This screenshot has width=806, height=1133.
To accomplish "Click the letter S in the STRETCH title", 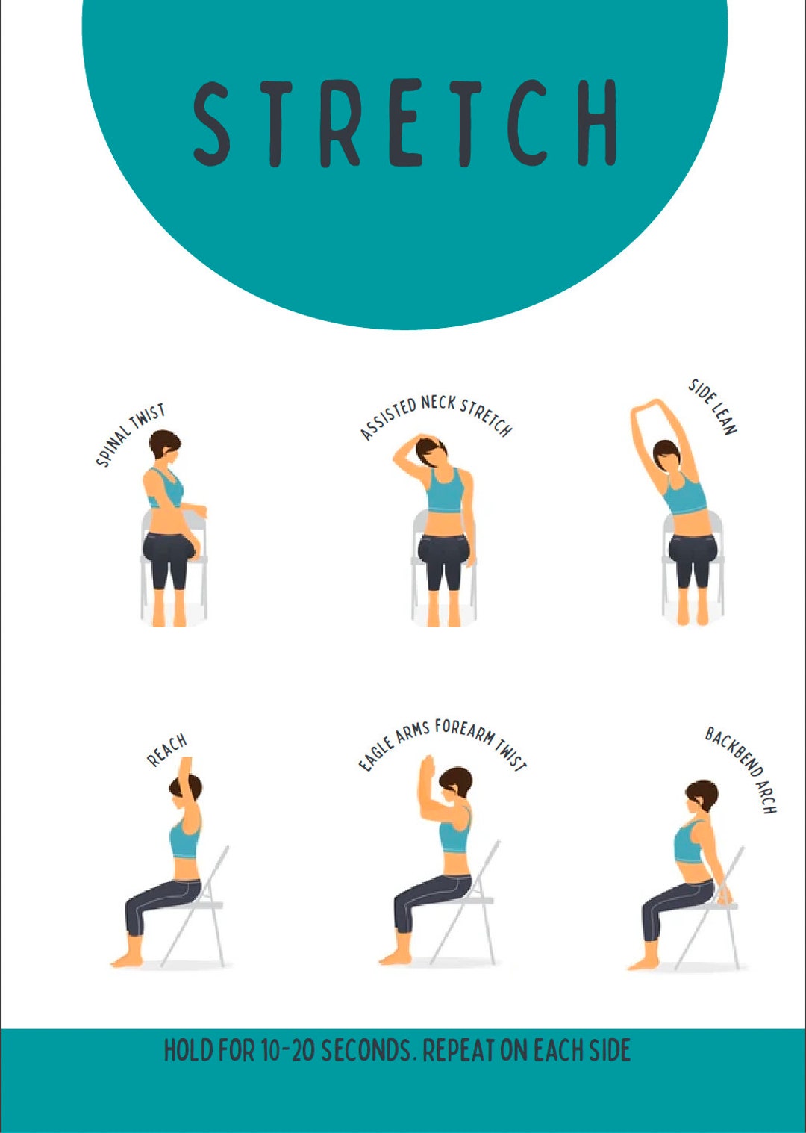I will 212,123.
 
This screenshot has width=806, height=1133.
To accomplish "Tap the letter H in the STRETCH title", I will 590,123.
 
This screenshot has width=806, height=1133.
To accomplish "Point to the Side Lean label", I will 713,406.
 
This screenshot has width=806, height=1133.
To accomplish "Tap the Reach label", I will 166,751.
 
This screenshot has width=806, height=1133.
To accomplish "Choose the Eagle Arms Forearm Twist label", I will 443,743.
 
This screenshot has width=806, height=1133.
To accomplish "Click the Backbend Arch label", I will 742,769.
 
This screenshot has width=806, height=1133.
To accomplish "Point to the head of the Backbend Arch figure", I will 702,796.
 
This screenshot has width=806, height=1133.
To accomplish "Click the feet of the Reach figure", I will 127,959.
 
